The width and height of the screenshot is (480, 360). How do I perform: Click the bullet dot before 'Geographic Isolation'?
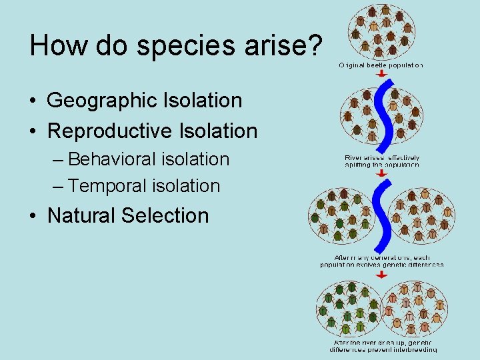(x=33, y=101)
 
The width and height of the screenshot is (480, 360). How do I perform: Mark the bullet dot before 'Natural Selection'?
(x=33, y=216)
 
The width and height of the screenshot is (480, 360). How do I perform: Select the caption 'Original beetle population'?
(x=381, y=65)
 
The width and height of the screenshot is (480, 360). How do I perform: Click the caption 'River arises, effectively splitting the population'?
(x=382, y=161)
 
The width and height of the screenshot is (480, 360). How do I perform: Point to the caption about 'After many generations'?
(x=381, y=261)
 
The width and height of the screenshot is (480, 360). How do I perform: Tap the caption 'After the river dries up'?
(x=383, y=345)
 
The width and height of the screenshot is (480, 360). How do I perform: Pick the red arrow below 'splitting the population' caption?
(x=381, y=173)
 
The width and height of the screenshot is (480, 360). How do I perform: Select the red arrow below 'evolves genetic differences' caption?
(x=381, y=273)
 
